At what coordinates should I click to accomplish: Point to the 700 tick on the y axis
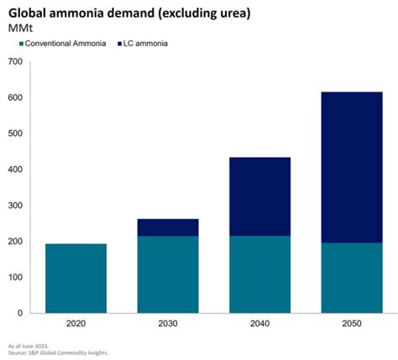(15, 62)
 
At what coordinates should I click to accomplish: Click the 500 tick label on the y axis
(15, 133)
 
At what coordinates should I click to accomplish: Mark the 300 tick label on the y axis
(15, 206)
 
